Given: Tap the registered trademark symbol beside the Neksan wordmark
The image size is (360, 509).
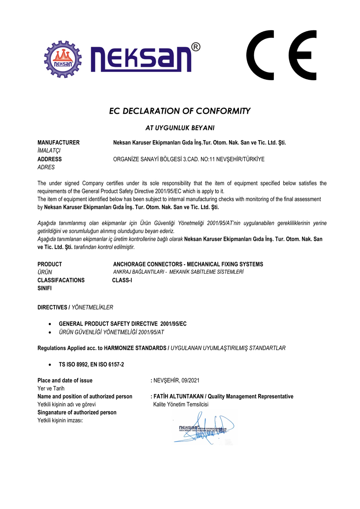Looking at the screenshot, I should (196, 47).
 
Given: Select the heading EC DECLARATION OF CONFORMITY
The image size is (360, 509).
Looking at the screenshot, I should (180, 111).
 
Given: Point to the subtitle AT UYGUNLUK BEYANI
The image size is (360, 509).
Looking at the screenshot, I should (180, 128).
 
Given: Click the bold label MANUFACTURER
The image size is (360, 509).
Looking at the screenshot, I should (58, 142).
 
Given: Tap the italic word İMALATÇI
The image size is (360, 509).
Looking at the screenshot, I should (49, 150).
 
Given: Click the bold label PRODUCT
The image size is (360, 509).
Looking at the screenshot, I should (50, 264).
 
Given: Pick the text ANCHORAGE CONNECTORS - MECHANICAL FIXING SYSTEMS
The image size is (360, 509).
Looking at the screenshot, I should (188, 264).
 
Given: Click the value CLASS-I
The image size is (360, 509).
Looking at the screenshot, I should (122, 280).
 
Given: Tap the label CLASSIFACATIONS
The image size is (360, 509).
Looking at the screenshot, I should (61, 280).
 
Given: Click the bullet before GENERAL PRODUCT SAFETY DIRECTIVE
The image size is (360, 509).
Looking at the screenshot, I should (51, 324).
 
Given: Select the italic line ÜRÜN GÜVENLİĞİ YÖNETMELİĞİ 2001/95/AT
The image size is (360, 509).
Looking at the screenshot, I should (111, 332).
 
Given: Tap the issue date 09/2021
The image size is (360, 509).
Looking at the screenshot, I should (190, 381).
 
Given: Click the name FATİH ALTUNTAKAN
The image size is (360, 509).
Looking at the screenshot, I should (179, 397).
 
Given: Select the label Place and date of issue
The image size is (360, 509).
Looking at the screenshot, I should (65, 381).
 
